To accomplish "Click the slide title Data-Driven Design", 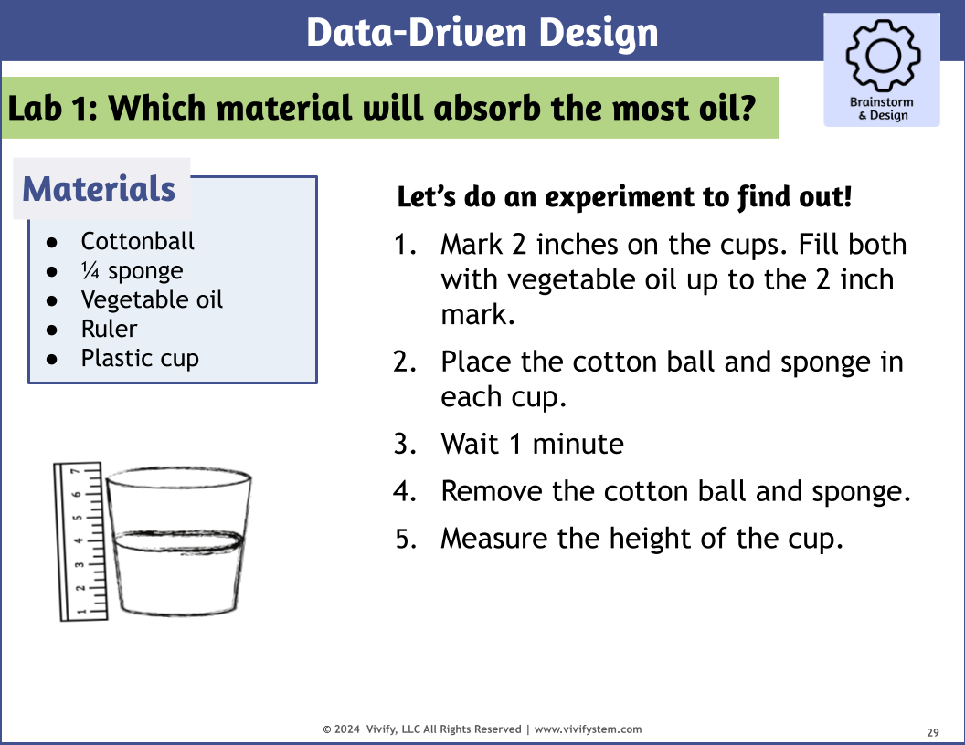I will click(x=482, y=33).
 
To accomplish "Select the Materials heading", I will click(x=99, y=189).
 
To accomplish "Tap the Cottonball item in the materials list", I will click(x=137, y=241).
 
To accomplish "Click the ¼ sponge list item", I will click(x=132, y=270).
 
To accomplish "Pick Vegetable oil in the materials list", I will click(x=152, y=299).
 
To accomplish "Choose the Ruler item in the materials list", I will click(x=109, y=329).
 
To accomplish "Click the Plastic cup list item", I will click(x=140, y=358).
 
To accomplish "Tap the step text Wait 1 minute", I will click(x=532, y=445).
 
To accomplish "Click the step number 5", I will click(x=404, y=539).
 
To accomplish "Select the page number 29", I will click(x=933, y=732).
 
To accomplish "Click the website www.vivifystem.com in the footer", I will click(x=588, y=729).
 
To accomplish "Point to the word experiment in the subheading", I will click(x=611, y=196).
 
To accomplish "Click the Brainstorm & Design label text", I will click(x=881, y=109).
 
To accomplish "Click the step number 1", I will click(x=404, y=245).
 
